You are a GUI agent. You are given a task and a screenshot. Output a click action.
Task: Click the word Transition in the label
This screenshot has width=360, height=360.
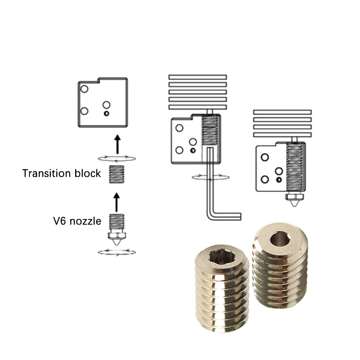coord(47,173)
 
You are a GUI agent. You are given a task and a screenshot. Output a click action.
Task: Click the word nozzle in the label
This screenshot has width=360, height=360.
coord(85,221)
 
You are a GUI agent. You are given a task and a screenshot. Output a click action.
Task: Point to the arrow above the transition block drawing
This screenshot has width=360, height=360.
coord(117,144)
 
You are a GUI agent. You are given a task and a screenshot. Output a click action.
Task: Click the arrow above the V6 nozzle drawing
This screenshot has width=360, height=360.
coord(117,202)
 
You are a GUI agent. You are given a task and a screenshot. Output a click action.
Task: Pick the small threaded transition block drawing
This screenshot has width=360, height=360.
coord(117,174)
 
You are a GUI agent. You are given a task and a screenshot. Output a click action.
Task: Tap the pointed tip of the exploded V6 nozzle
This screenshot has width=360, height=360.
coord(117,244)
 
